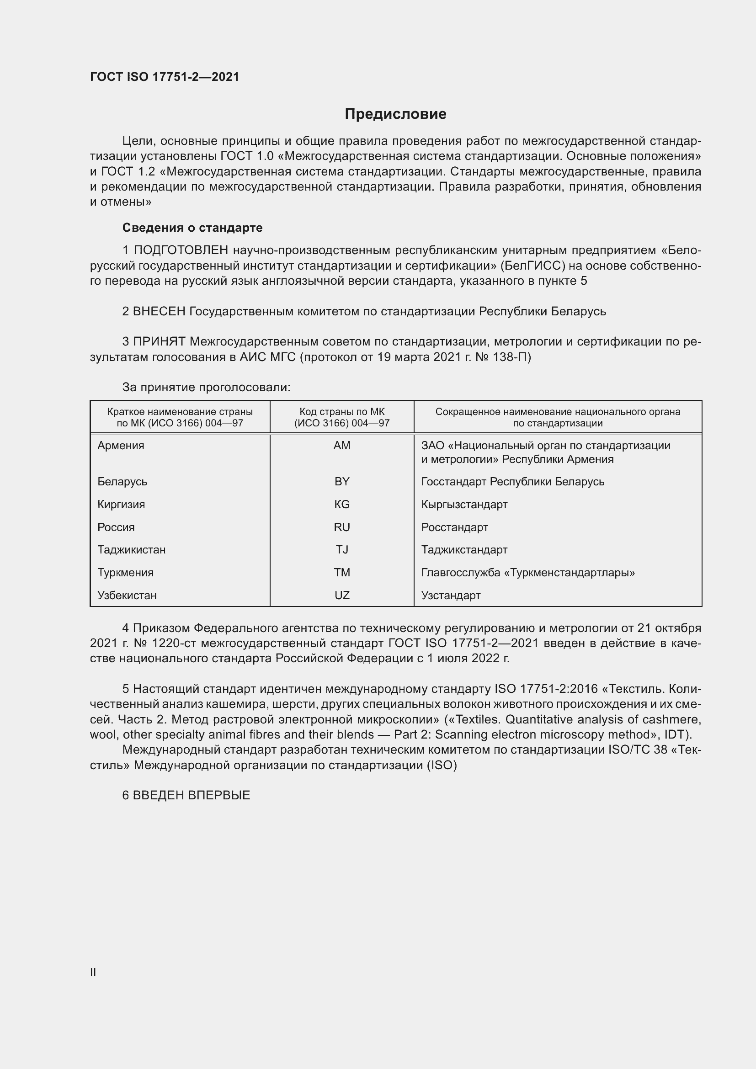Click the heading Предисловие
395,114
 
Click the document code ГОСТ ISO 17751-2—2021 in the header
165,77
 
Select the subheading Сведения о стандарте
192,228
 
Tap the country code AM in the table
342,446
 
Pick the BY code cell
342,481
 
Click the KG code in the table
342,504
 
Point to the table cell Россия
116,527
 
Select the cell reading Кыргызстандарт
464,504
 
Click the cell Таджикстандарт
464,549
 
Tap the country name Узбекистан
127,595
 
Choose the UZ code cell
342,595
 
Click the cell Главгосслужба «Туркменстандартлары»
528,572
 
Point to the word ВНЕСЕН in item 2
159,311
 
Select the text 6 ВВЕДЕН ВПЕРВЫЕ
186,795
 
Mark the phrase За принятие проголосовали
206,388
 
